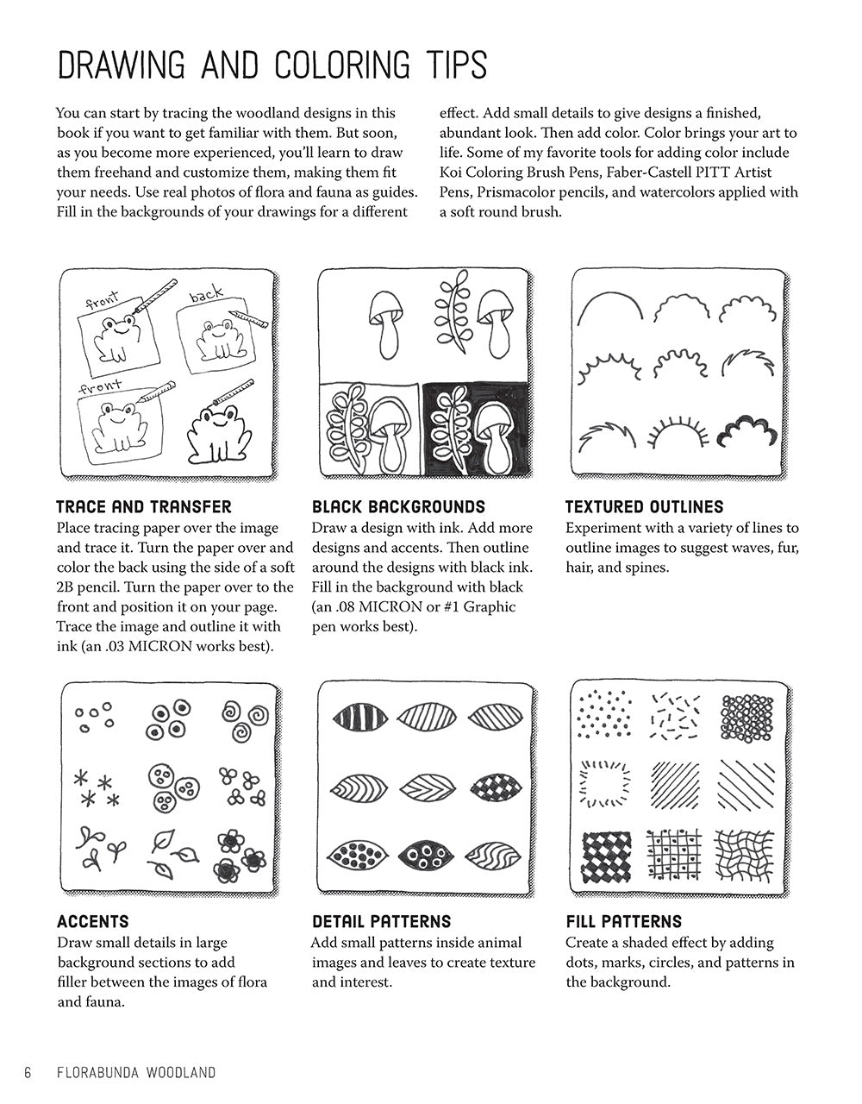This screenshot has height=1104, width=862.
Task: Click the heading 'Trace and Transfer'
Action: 143,507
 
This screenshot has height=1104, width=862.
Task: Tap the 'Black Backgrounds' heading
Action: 398,507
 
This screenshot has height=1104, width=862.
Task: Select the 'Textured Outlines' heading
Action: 644,507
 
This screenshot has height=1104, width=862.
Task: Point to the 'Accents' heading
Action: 92,921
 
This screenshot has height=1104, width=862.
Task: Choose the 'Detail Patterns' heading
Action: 381,921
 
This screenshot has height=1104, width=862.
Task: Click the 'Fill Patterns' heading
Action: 623,921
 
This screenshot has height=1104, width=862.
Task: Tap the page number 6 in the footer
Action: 28,1073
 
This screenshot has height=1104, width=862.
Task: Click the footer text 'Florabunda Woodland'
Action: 135,1073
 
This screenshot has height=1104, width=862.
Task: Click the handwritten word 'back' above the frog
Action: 206,296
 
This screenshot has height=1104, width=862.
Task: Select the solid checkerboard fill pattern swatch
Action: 608,857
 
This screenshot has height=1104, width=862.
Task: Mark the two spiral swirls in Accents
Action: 244,716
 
